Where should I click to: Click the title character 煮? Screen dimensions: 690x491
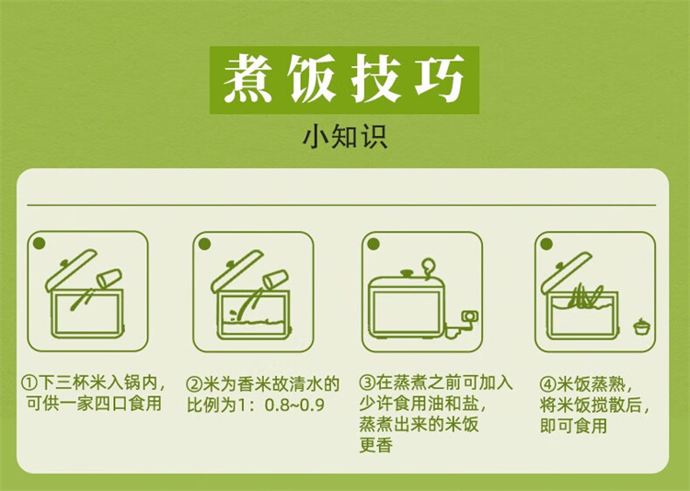247,79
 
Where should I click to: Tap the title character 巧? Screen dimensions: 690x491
440,79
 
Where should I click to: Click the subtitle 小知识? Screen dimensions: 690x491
345,137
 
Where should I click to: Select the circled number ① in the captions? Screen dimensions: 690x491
29,383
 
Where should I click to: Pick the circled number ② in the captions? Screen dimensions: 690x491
193,384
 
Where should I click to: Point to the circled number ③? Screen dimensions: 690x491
367,383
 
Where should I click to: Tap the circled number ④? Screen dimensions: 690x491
548,384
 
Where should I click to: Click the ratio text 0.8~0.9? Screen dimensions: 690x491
294,405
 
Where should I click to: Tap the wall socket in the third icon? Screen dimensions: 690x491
469,316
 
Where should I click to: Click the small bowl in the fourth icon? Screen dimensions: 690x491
640,326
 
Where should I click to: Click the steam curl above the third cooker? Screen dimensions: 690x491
428,268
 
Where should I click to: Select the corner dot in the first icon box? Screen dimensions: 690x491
40,244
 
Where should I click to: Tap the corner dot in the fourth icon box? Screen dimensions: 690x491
546,244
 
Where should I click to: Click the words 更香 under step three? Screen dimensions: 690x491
375,445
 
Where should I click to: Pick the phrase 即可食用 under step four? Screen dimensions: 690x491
574,426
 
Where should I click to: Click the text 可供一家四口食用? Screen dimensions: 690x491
94,404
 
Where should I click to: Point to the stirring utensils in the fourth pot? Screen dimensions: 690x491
585,295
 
